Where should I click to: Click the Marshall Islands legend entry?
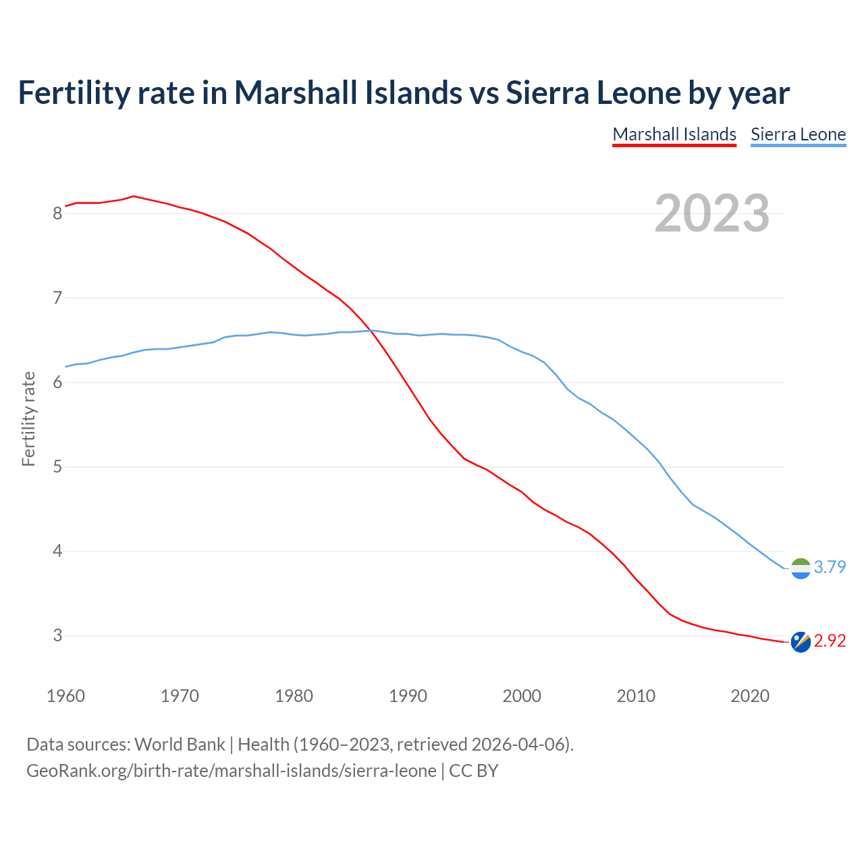(x=674, y=134)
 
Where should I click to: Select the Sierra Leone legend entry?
(x=798, y=134)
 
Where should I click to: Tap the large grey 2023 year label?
(x=712, y=213)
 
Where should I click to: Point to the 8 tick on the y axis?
(x=57, y=213)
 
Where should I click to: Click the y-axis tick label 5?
(x=57, y=466)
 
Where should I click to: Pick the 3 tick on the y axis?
(x=57, y=635)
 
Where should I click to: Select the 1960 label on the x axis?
(x=65, y=696)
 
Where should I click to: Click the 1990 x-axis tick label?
(x=408, y=696)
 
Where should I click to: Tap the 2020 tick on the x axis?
(x=750, y=696)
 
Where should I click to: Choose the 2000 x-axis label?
(x=522, y=696)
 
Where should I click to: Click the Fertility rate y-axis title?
(x=28, y=418)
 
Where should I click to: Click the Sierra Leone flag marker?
(x=801, y=568)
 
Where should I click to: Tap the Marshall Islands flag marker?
(x=801, y=642)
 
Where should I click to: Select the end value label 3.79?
(x=830, y=567)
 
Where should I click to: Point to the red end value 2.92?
(x=830, y=641)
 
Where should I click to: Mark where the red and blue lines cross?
(x=371, y=331)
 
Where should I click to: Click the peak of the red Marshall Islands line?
(x=134, y=196)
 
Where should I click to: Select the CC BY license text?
(x=473, y=771)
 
